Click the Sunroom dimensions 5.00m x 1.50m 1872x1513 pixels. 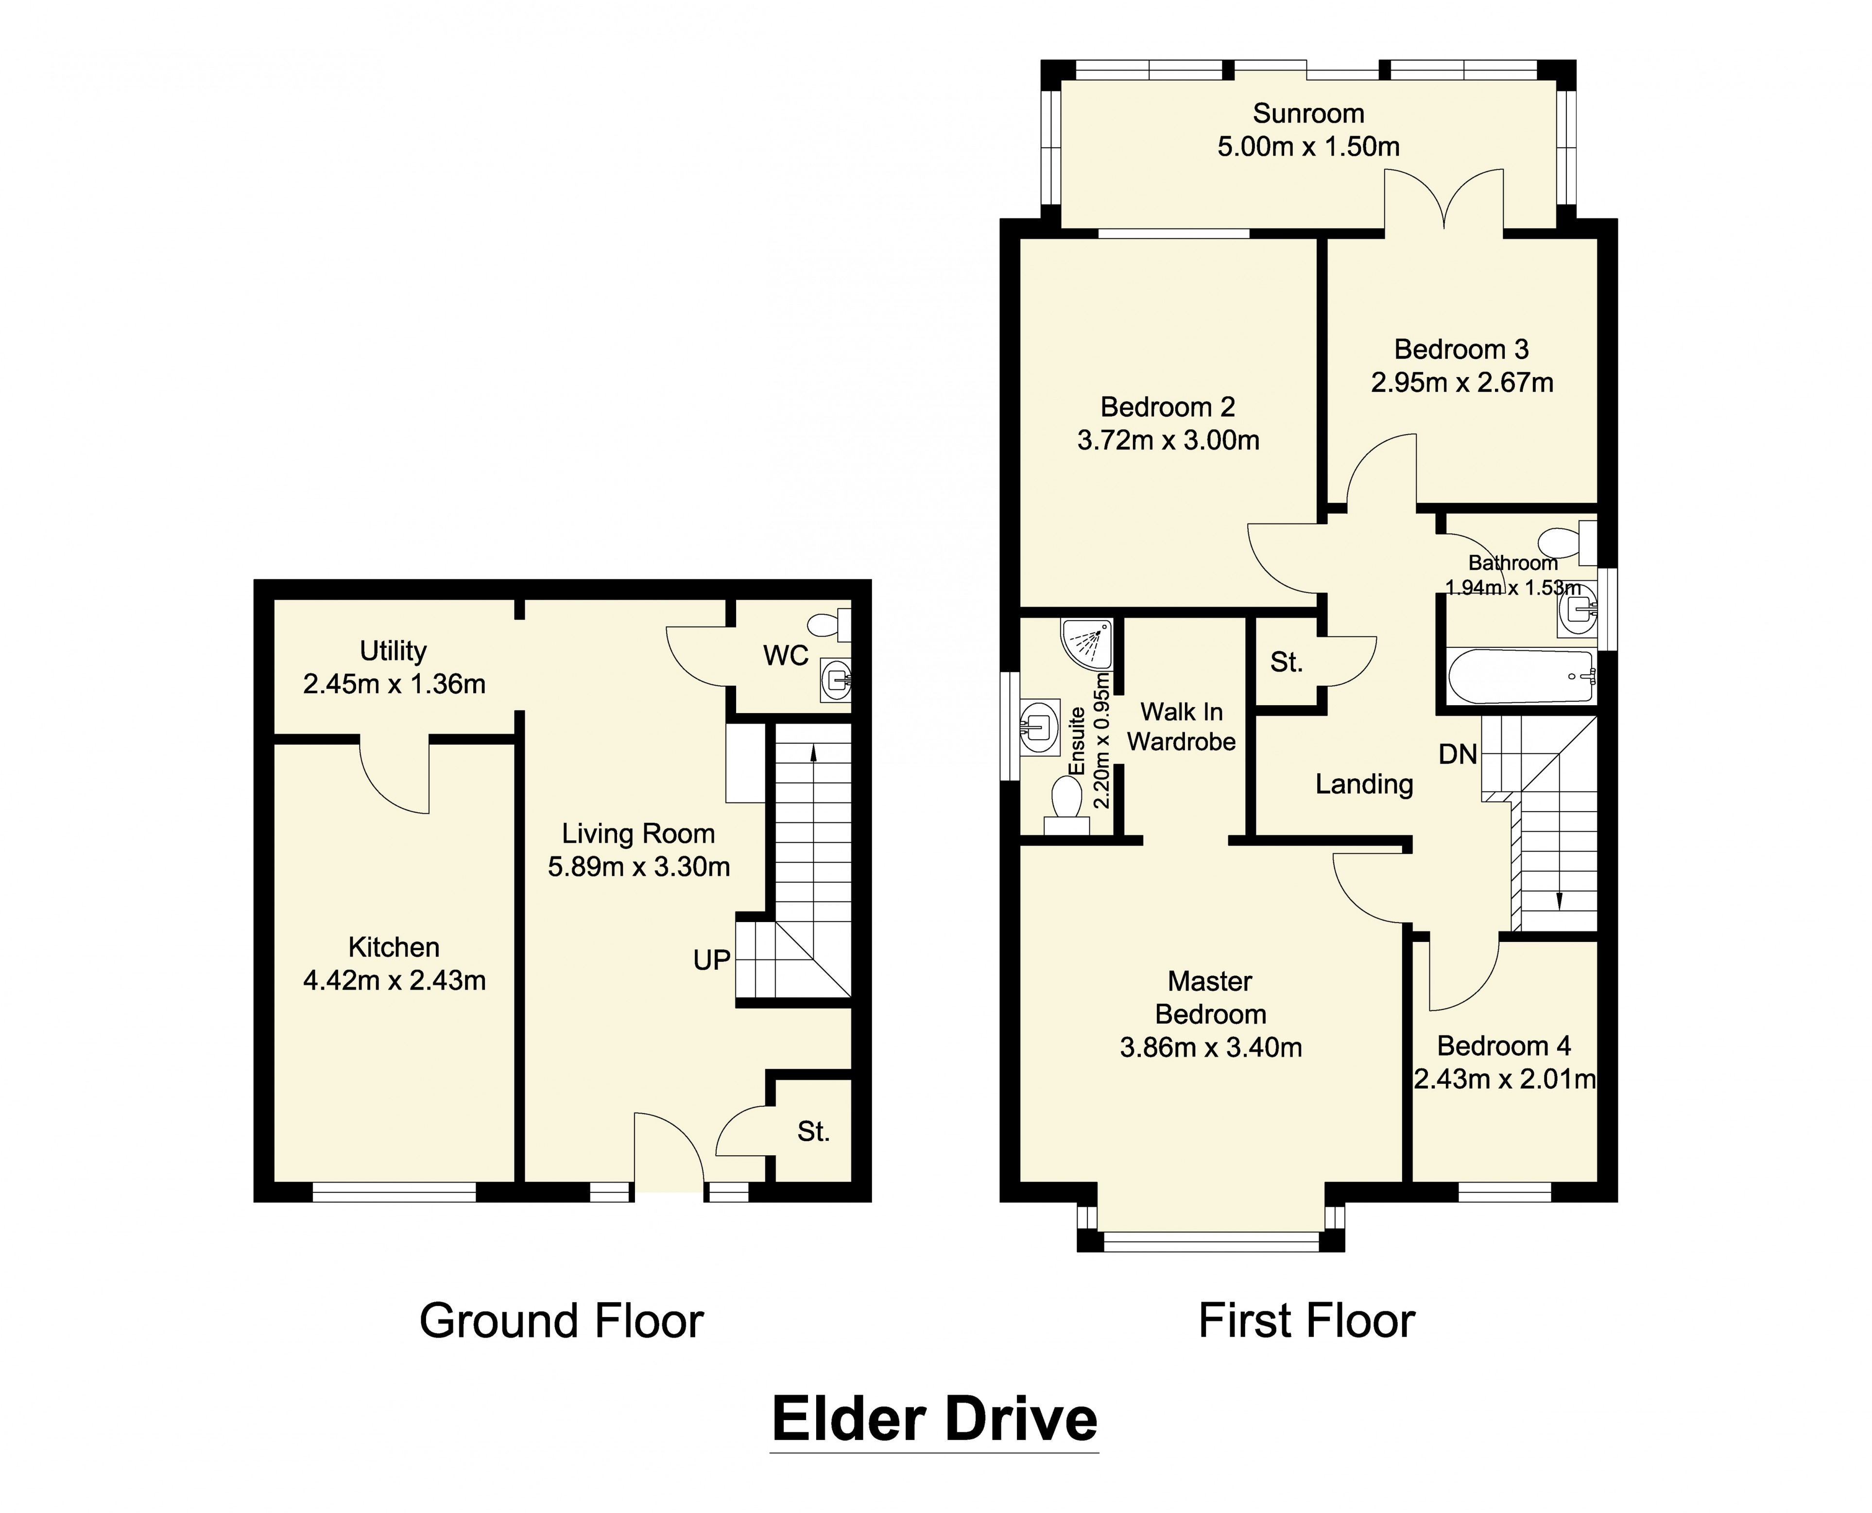point(1307,146)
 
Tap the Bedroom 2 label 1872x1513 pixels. point(1168,407)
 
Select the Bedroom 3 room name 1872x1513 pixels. point(1461,349)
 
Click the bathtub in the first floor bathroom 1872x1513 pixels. point(1520,677)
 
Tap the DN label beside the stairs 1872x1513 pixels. point(1458,754)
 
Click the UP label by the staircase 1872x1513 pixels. point(711,960)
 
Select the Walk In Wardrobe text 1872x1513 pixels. point(1181,727)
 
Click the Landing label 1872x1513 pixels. point(1363,784)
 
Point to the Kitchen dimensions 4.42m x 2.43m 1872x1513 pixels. point(394,980)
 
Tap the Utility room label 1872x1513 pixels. point(393,651)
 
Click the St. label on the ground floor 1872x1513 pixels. point(813,1131)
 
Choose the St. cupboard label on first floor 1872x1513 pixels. point(1286,662)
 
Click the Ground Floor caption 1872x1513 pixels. point(561,1321)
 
